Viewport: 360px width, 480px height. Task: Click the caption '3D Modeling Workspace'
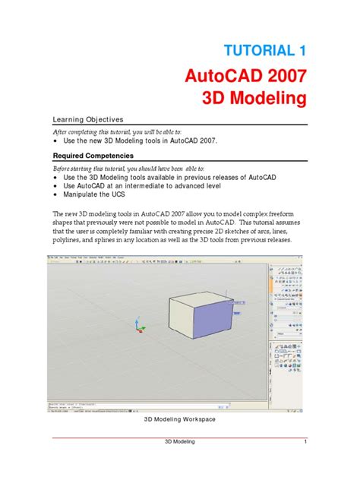(x=180, y=418)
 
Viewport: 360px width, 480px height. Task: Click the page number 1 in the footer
(x=304, y=443)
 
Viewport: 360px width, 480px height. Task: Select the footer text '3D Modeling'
(x=180, y=443)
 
